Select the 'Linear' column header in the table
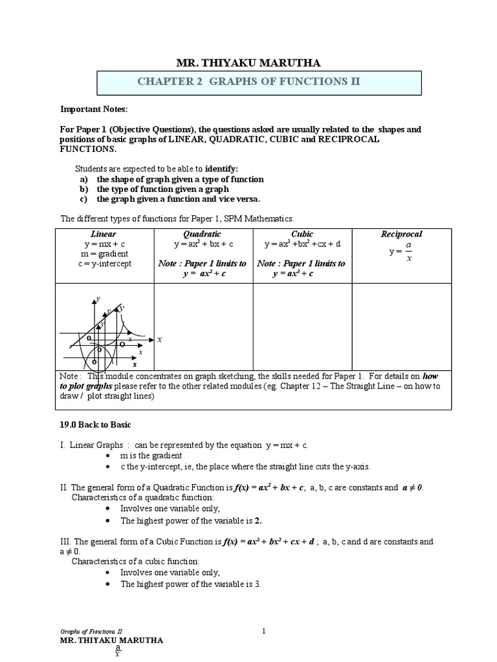104,234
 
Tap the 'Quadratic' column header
202,234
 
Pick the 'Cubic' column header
302,234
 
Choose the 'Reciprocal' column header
401,234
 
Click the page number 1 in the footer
265,630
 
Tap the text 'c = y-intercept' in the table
104,263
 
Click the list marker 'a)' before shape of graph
83,178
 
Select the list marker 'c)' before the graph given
83,199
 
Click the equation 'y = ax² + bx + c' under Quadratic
203,244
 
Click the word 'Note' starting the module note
69,376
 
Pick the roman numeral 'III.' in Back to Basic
65,541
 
